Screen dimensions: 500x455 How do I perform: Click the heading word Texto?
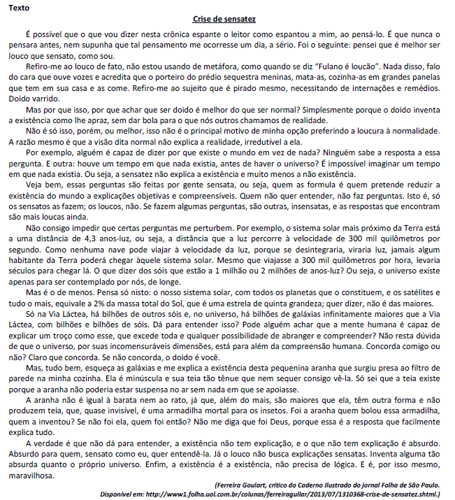tap(20, 7)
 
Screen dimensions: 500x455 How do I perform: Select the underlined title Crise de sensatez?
tap(226, 20)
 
